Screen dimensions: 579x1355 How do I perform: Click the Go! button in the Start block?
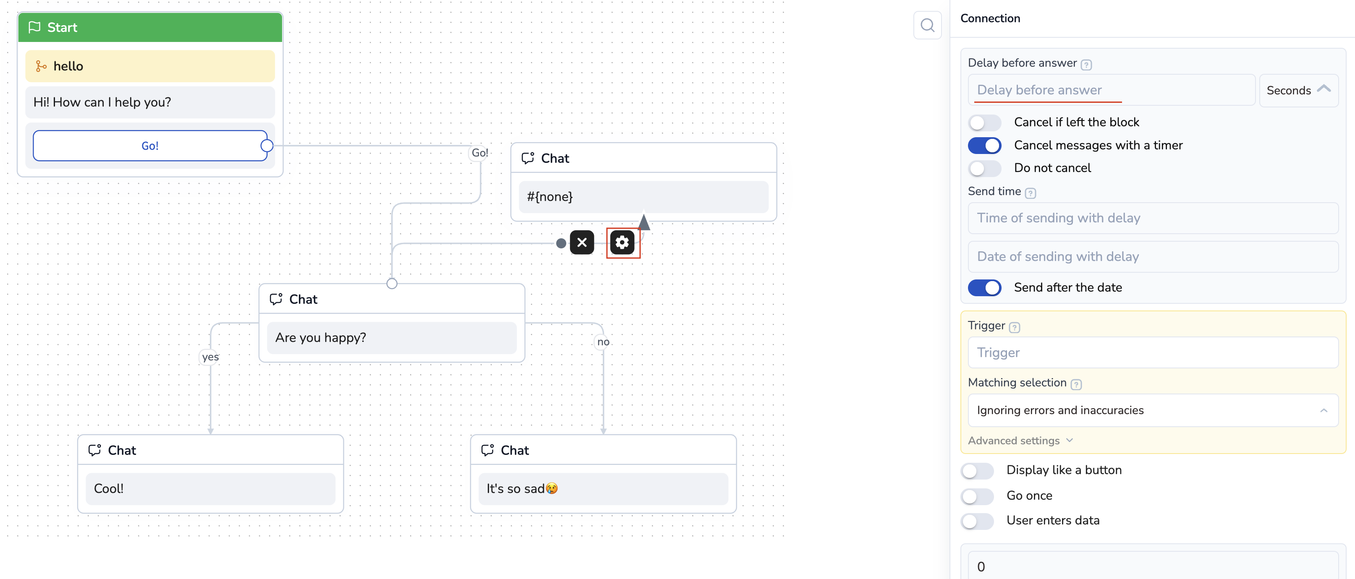(150, 146)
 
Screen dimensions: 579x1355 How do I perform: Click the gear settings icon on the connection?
(622, 243)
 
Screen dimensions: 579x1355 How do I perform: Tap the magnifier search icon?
(927, 25)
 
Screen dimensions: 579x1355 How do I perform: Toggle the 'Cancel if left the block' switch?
(984, 123)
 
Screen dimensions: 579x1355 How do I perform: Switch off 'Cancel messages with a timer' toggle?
(984, 146)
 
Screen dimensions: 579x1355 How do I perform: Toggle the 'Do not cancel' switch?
(984, 168)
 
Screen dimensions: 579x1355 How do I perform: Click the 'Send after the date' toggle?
(984, 288)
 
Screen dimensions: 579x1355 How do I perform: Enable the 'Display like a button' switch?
(977, 470)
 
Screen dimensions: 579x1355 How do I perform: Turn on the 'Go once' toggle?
(977, 496)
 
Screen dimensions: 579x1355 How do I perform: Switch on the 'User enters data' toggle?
(977, 521)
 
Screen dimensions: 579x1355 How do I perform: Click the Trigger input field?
(1153, 353)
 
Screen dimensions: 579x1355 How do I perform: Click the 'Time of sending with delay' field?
(1153, 218)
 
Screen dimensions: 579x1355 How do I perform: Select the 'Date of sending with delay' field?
(1153, 257)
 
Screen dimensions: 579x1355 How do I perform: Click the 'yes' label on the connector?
(210, 357)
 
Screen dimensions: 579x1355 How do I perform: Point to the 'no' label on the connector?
(603, 342)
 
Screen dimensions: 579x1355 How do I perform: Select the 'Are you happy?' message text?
(320, 338)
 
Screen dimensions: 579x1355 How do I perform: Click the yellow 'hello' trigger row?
(150, 66)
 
